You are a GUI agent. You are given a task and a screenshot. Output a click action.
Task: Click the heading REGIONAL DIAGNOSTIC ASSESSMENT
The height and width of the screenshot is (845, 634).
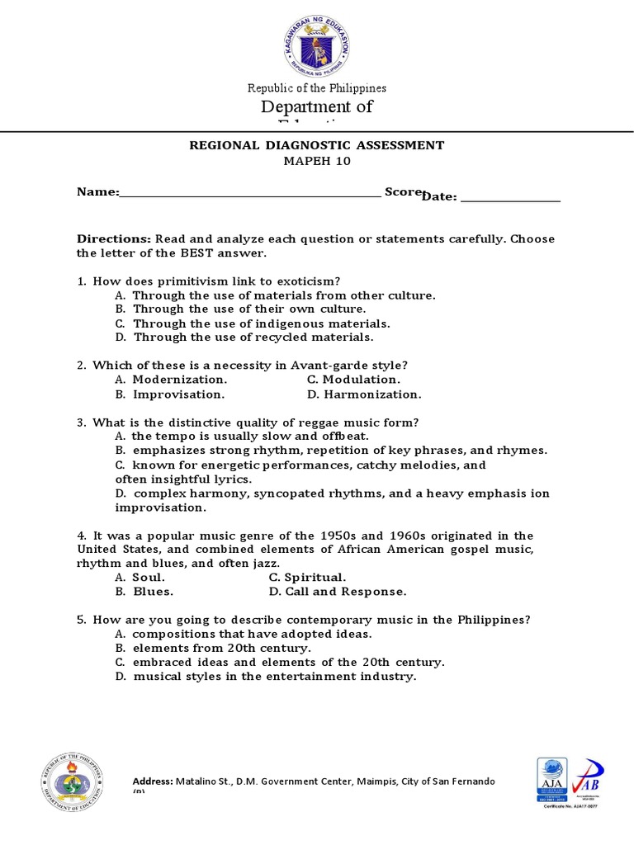tap(317, 145)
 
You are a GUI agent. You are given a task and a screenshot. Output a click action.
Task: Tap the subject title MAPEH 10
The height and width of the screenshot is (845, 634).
tap(317, 162)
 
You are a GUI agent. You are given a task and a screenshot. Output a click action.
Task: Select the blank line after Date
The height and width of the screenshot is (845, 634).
tap(510, 197)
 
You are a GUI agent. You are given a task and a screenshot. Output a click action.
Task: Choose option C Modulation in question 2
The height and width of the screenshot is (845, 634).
tap(353, 380)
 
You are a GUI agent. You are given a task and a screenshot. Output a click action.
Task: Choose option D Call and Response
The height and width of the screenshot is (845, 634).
tap(338, 592)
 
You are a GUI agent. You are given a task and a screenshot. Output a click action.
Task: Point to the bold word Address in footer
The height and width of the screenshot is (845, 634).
tap(153, 781)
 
